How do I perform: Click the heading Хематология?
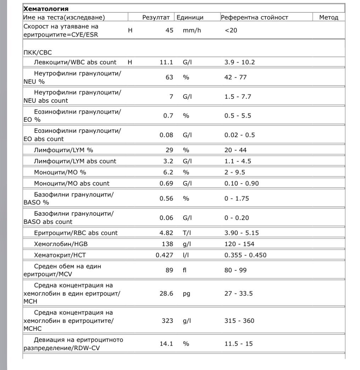[x=46, y=8]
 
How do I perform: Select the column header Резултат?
[x=156, y=17]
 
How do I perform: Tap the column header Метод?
[x=328, y=17]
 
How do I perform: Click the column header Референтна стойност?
[x=254, y=17]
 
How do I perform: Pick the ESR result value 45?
[x=169, y=30]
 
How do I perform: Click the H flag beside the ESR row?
[x=130, y=30]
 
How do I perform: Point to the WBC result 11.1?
[x=166, y=62]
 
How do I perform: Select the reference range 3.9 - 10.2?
[x=239, y=62]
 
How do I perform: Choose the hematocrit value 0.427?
[x=165, y=255]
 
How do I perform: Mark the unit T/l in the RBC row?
[x=187, y=233]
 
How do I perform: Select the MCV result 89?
[x=169, y=270]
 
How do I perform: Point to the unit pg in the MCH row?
[x=187, y=294]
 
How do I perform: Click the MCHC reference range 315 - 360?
[x=239, y=321]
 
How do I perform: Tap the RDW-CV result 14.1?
[x=166, y=344]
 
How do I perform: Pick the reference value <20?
[x=231, y=30]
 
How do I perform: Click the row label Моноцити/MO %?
[x=60, y=172]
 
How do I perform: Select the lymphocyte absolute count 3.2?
[x=168, y=161]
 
